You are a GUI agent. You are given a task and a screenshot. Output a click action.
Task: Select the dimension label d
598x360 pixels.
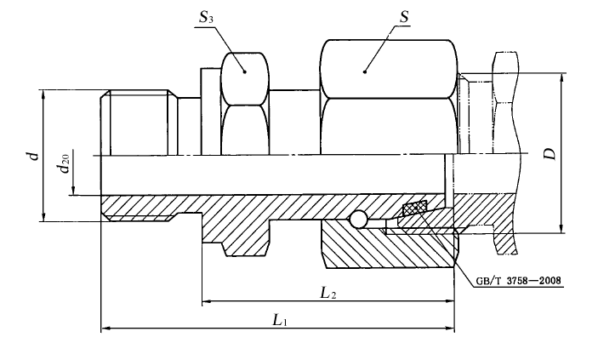click(x=31, y=155)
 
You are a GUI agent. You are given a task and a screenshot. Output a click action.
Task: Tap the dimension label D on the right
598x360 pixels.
click(x=550, y=154)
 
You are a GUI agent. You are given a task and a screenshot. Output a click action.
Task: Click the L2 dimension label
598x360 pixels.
click(x=327, y=293)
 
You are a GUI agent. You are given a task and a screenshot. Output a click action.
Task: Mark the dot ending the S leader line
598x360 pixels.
click(x=364, y=71)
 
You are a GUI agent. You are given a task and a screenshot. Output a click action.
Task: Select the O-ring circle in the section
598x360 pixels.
click(x=359, y=220)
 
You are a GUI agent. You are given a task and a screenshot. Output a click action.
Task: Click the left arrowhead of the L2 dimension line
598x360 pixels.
click(x=206, y=302)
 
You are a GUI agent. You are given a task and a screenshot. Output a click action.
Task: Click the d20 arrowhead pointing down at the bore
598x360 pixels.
click(x=75, y=190)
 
